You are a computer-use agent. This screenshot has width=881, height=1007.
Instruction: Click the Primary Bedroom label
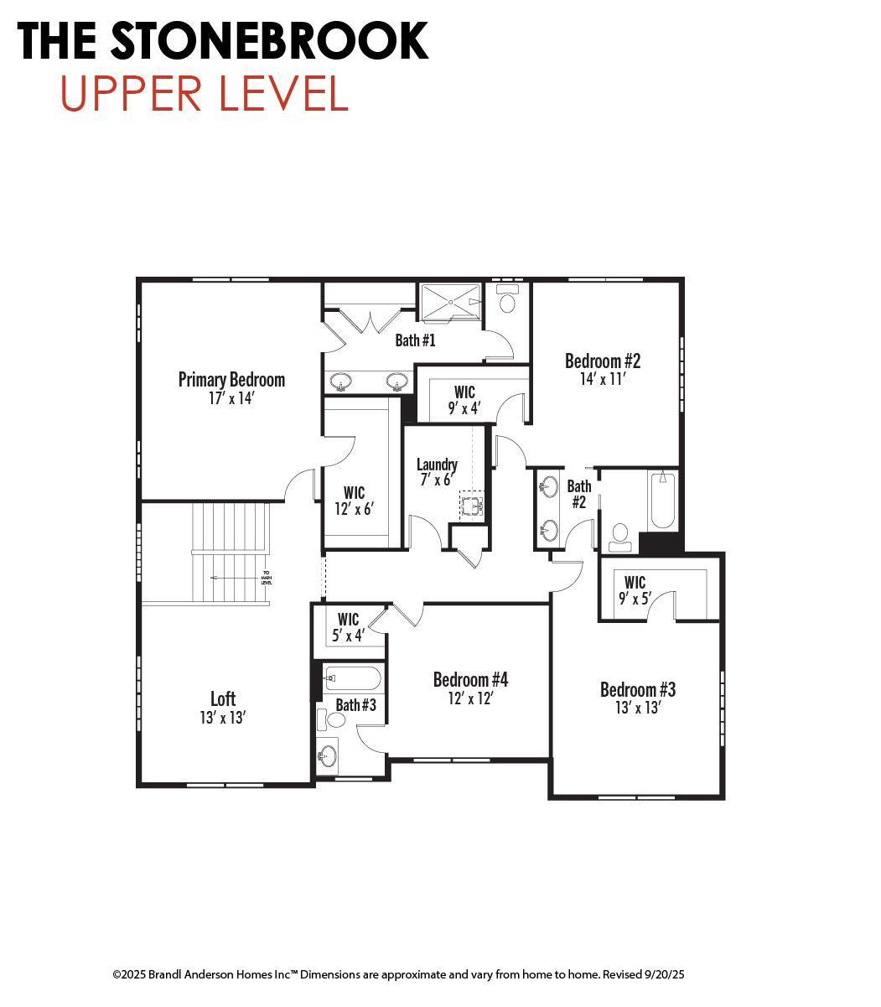tap(231, 380)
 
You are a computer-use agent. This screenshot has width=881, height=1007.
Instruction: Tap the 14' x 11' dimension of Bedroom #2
tap(603, 379)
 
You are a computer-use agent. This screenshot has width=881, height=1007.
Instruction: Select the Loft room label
tap(223, 698)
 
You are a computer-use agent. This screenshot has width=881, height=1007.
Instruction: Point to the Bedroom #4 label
tap(470, 679)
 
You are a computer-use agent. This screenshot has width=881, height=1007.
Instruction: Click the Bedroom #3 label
tap(637, 689)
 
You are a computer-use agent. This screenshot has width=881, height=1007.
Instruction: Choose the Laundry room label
tap(437, 464)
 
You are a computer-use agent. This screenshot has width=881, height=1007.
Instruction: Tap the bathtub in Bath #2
tap(662, 501)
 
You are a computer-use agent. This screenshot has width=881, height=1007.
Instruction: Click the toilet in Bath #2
tap(620, 537)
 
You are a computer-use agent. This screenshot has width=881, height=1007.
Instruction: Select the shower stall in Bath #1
tap(451, 302)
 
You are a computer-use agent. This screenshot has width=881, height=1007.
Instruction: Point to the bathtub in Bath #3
tap(352, 677)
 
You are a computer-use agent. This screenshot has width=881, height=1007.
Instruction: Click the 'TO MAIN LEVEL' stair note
tap(266, 578)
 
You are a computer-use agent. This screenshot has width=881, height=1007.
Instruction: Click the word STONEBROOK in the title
tap(268, 40)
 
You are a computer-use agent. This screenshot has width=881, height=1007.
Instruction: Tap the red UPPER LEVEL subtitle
tap(204, 94)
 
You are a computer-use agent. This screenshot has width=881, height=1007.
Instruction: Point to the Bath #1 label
tap(415, 340)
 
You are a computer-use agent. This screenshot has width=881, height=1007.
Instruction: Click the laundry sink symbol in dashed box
tap(472, 506)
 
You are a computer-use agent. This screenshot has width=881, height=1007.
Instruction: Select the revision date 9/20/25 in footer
tap(665, 974)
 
